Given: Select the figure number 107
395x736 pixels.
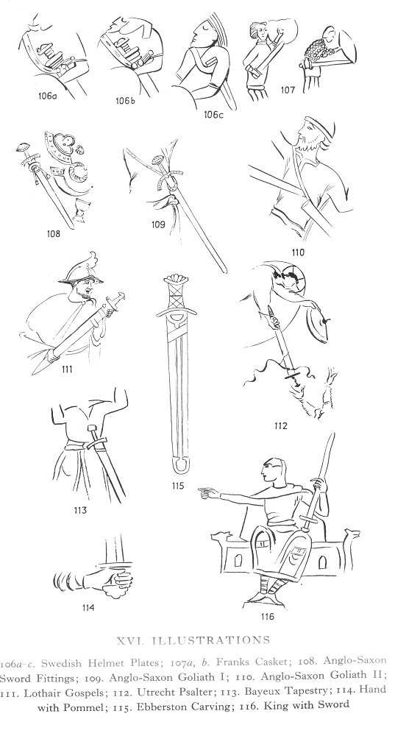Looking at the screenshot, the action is click(288, 89).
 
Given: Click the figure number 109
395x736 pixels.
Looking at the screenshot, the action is click(158, 224).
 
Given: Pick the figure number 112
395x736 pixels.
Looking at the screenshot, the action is click(280, 426).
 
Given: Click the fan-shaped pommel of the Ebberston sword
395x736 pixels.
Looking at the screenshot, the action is click(177, 280).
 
